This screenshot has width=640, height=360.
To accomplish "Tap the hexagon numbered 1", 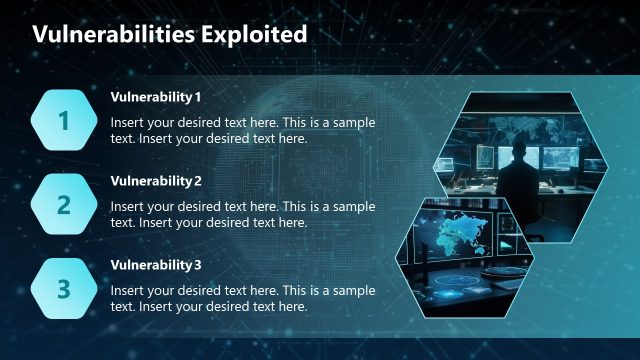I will tap(64, 121).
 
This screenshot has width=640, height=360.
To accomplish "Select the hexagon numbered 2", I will tap(64, 205).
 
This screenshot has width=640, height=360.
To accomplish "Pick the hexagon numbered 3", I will tap(64, 289).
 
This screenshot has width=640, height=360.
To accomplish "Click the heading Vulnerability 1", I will tap(156, 97).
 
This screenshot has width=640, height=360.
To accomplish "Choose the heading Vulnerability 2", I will tap(156, 181).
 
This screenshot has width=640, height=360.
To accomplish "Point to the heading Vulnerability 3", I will tap(156, 265).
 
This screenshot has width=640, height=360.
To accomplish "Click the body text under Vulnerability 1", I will tap(243, 130).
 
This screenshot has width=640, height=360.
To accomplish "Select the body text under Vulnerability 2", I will tap(243, 214).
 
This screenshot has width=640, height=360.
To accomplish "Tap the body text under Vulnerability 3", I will tap(243, 298).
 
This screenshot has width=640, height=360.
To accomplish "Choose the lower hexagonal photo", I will tap(465, 258).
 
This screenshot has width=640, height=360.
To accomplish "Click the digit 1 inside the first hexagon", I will tap(64, 121).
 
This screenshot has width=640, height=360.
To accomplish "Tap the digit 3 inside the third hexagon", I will tap(64, 289).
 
